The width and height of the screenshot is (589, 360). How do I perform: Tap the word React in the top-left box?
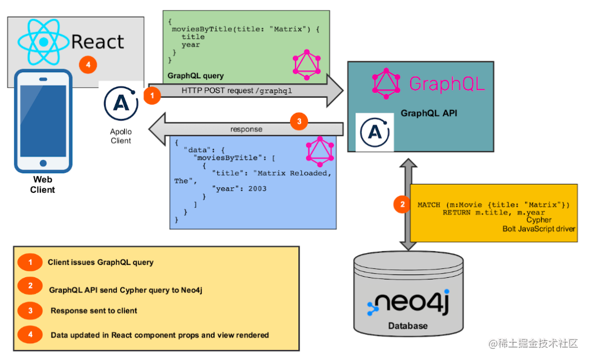(98, 41)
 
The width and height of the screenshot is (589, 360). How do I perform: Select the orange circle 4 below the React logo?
(87, 65)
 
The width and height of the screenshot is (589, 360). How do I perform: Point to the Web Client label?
(43, 184)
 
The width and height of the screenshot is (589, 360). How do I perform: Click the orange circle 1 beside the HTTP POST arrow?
(152, 96)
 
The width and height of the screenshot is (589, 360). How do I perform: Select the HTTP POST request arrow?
(246, 91)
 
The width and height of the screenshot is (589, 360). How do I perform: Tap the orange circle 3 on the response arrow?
(299, 121)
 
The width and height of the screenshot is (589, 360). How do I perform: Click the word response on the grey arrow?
(246, 129)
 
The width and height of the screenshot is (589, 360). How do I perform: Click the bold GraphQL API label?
(429, 113)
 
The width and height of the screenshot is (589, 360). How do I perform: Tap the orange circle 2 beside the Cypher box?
(402, 205)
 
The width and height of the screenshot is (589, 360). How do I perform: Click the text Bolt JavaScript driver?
(539, 229)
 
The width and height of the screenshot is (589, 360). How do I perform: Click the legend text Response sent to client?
(94, 310)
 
